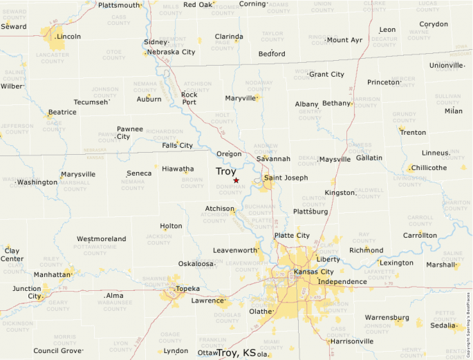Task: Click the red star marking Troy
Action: click(x=236, y=180)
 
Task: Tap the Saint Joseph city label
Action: click(x=286, y=178)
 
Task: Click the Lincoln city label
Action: click(x=68, y=37)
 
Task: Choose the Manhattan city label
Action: click(x=53, y=274)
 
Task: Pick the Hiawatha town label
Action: click(x=178, y=168)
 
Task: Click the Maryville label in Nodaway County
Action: click(x=241, y=98)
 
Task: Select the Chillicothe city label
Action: click(x=429, y=168)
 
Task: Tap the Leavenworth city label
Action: click(x=235, y=250)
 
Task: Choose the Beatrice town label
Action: click(x=62, y=112)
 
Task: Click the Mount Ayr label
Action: click(x=344, y=40)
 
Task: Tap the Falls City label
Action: click(x=177, y=146)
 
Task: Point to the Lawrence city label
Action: click(x=208, y=301)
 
